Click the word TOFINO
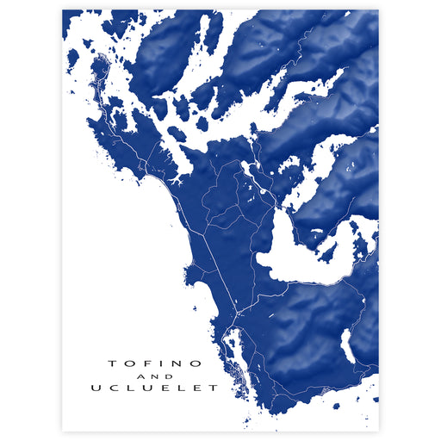pos(155,363)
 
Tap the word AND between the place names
pos(155,376)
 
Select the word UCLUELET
pos(155,388)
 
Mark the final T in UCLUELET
pos(214,388)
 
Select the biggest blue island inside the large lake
pos(327,252)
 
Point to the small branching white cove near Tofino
pos(176,182)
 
